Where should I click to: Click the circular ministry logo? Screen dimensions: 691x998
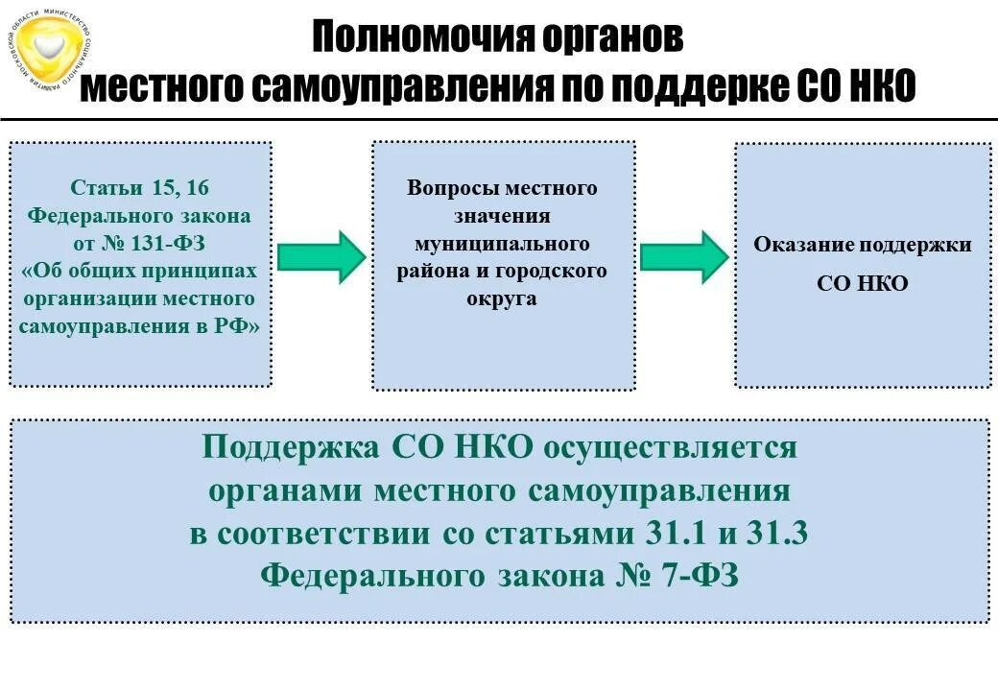pyautogui.click(x=53, y=53)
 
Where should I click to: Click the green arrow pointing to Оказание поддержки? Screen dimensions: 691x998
pyautogui.click(x=684, y=256)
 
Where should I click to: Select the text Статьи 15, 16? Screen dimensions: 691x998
pyautogui.click(x=140, y=187)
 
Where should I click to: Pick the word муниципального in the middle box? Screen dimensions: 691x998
pyautogui.click(x=502, y=243)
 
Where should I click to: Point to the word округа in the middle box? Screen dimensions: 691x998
pyautogui.click(x=502, y=298)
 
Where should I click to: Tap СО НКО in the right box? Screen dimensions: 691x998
pyautogui.click(x=862, y=284)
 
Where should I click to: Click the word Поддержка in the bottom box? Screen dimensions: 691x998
pyautogui.click(x=292, y=447)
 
